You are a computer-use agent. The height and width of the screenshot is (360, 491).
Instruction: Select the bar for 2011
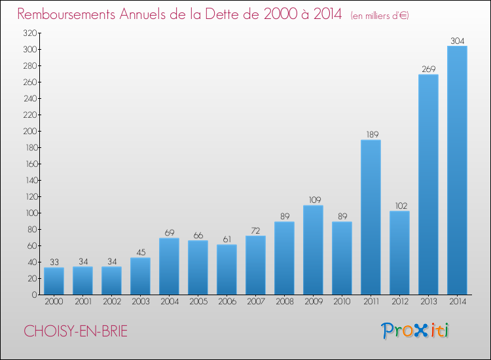point(371,217)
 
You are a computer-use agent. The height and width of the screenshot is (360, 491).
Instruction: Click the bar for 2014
point(457,170)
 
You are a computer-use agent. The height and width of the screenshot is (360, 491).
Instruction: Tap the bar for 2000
point(54,281)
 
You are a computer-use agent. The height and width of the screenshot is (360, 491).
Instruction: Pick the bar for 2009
point(313,250)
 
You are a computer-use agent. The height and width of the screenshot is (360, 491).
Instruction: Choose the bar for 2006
point(227,270)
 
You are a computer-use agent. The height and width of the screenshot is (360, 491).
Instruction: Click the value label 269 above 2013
point(429,69)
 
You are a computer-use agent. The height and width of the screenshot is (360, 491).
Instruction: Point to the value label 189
point(373,134)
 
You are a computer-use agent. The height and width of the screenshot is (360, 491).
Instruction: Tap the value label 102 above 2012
point(401,206)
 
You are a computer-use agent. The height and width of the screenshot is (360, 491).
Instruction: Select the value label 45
point(141,252)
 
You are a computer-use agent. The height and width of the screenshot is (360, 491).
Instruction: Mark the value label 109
point(315,200)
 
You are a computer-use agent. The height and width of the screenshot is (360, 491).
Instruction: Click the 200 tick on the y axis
point(30,131)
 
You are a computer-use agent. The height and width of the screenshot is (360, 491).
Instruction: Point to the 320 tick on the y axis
point(30,33)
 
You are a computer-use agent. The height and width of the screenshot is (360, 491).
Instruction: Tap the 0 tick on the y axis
point(35,295)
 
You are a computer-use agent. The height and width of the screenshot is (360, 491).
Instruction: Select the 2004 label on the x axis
point(170,302)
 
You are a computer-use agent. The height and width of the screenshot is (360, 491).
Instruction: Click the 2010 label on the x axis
point(342,302)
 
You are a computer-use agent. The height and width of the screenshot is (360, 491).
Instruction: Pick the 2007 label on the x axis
point(256,302)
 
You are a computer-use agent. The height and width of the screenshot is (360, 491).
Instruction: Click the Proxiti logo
point(415,331)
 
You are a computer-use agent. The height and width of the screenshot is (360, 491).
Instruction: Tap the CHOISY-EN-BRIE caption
point(75,331)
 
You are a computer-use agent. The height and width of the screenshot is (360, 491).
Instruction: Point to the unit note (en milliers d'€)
point(380,16)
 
